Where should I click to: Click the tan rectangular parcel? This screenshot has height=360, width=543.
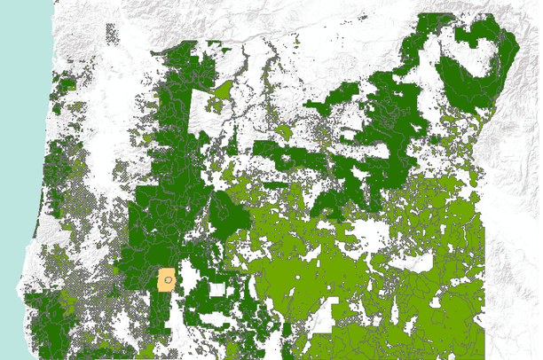coord(166,280)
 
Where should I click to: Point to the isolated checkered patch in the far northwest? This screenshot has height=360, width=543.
coord(112,35)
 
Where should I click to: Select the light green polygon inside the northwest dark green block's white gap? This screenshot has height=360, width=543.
coord(222,90)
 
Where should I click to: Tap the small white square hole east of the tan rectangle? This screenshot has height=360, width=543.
coord(216,289)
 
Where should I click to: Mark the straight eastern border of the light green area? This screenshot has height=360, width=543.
coord(484,266)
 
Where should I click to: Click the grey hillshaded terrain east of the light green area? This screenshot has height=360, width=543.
coord(515,248)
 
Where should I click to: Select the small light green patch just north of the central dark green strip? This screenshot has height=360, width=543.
coord(283,132)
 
